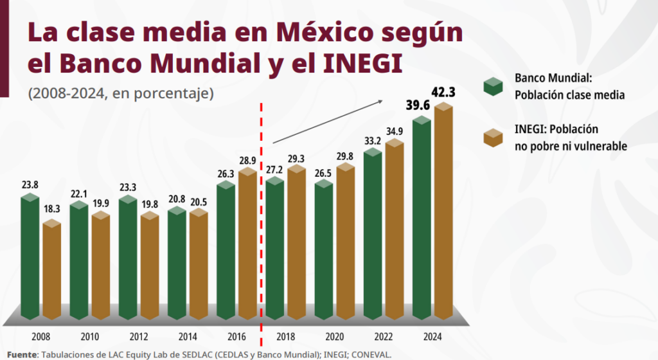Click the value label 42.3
pos(443,93)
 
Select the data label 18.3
pos(52,209)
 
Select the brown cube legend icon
pos(493,138)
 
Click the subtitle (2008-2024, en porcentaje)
pos(120,93)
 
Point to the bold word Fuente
pos(22,354)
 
